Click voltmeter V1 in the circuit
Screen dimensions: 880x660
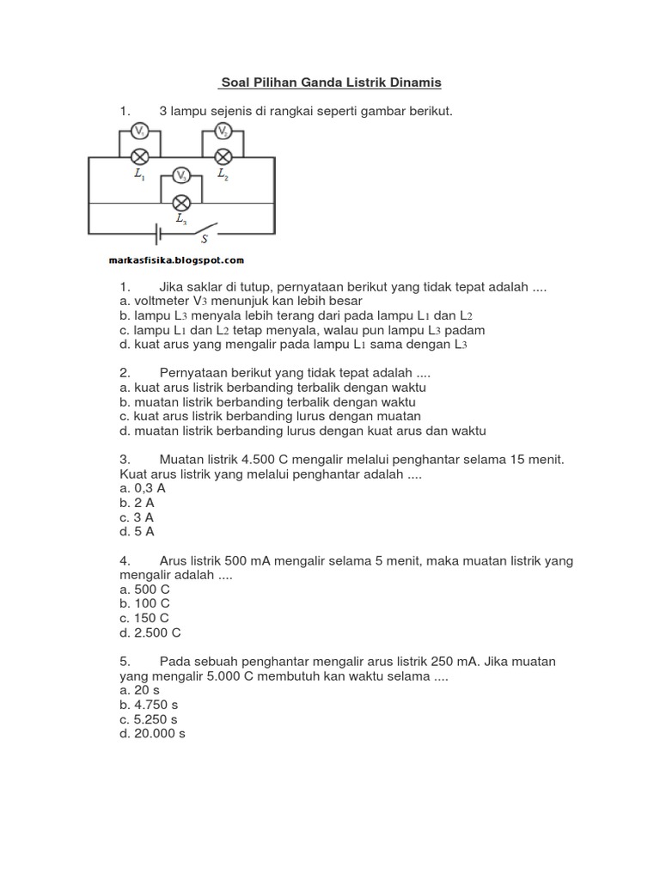click(x=140, y=131)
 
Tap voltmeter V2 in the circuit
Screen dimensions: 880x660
click(x=223, y=131)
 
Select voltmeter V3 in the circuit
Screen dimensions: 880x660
click(x=180, y=176)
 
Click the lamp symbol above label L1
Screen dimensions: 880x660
click(x=140, y=157)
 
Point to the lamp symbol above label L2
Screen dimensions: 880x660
click(x=223, y=157)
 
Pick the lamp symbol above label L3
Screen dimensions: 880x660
click(x=180, y=203)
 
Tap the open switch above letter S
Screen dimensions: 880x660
click(x=204, y=229)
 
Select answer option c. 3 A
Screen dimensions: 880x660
click(x=137, y=517)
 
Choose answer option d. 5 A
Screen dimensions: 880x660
click(x=137, y=532)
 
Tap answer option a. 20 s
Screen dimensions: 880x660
click(x=140, y=690)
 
